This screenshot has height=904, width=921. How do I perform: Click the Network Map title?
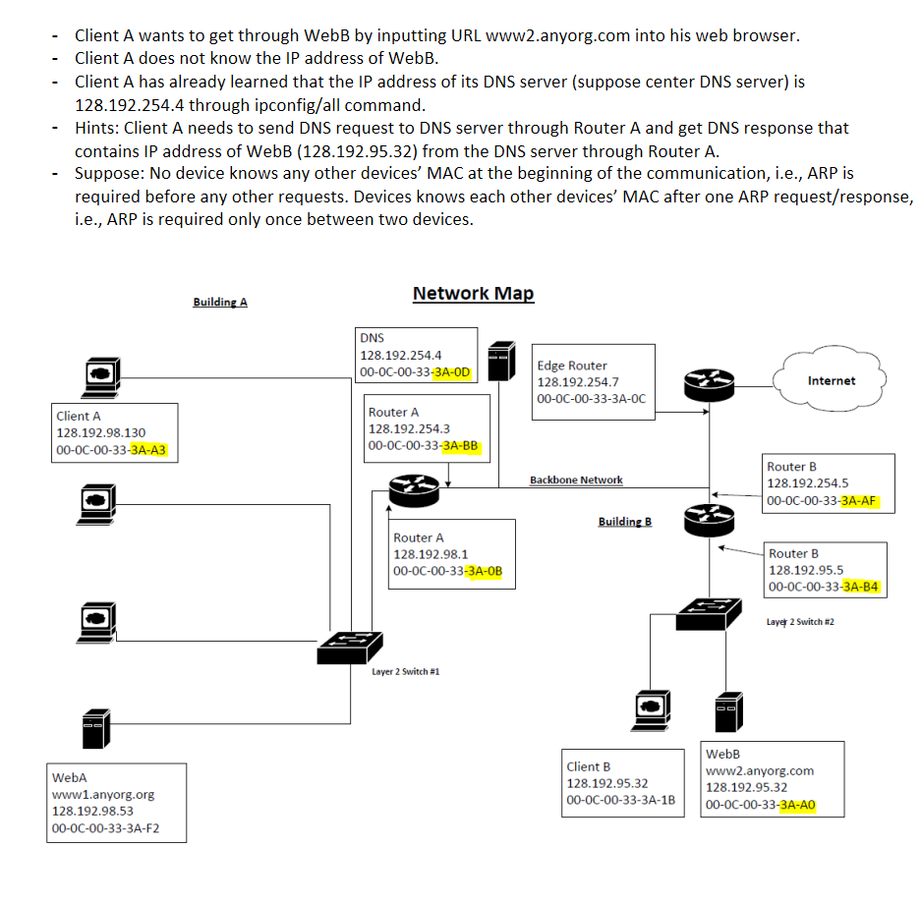473,293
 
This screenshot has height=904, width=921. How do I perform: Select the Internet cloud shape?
831,380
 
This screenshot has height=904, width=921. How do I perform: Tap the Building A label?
220,302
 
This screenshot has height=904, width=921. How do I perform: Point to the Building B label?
624,521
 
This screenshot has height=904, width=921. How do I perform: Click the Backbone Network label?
575,480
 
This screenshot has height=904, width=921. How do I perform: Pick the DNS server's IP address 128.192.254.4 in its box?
401,355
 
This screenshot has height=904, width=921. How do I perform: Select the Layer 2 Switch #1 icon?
349,647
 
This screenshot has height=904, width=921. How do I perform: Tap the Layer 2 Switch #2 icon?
709,613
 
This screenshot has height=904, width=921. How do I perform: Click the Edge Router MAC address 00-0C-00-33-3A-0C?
592,399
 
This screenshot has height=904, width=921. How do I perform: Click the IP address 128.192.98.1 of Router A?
431,554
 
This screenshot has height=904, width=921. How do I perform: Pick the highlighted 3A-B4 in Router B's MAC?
861,587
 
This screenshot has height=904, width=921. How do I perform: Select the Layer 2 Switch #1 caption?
405,672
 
